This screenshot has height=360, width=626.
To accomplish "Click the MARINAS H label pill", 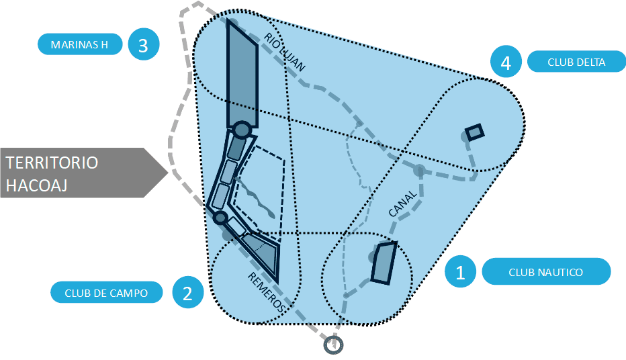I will (80, 45).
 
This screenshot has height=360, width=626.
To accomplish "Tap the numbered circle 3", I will (142, 45).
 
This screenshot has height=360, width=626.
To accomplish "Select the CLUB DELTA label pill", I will (576, 62).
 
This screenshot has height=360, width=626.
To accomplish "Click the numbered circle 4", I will (506, 62).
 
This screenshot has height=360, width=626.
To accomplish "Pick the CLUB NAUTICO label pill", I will (545, 272).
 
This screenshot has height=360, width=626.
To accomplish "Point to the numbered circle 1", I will (460, 272).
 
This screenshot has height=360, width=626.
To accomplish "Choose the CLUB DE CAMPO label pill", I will (105, 293).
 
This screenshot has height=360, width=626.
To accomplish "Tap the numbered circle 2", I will (187, 293).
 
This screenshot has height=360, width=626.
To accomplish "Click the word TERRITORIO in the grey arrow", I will (52, 163).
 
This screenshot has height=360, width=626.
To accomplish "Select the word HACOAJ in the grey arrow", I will (38, 184).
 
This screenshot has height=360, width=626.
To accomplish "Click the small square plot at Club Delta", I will (475, 132).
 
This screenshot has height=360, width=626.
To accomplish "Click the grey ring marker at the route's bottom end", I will (333, 345).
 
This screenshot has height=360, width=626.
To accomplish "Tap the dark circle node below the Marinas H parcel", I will (242, 129).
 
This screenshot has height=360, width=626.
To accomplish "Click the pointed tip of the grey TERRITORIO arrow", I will (167, 172).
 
